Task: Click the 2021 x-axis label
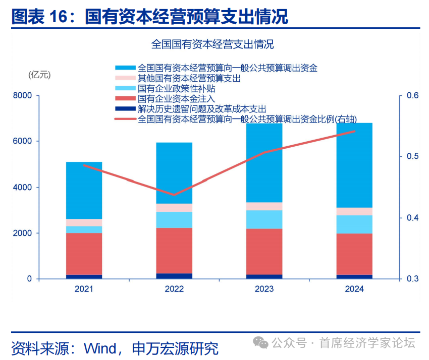pos(84,289)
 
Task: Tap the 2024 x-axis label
pos(354,289)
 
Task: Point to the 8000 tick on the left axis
pos(23,95)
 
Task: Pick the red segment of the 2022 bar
pos(174,251)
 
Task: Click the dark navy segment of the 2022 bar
pos(174,276)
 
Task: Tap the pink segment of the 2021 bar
pos(84,222)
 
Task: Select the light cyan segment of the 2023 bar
pos(264,219)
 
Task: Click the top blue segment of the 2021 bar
pos(84,190)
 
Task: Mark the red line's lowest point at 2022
pos(174,195)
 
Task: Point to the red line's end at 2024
pos(354,131)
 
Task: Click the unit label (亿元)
pos(39,75)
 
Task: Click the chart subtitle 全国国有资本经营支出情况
pos(212,44)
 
